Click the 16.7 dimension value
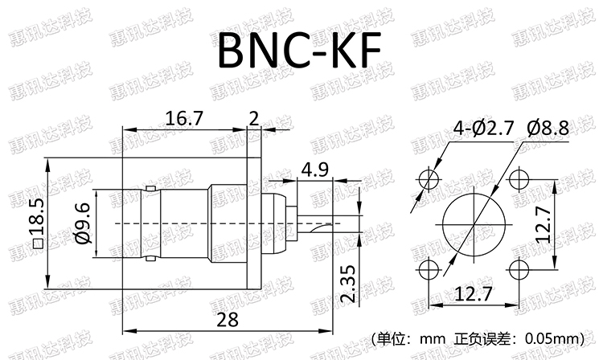[184, 118]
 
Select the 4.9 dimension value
[314, 170]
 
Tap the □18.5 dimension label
[36, 219]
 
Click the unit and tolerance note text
[478, 338]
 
